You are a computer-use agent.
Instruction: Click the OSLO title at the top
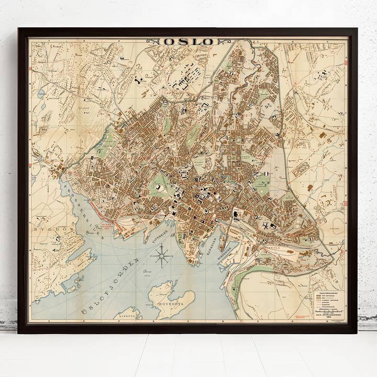point(188,41)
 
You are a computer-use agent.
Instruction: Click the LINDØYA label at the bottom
point(128,316)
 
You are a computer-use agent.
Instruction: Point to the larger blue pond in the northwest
point(41,94)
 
